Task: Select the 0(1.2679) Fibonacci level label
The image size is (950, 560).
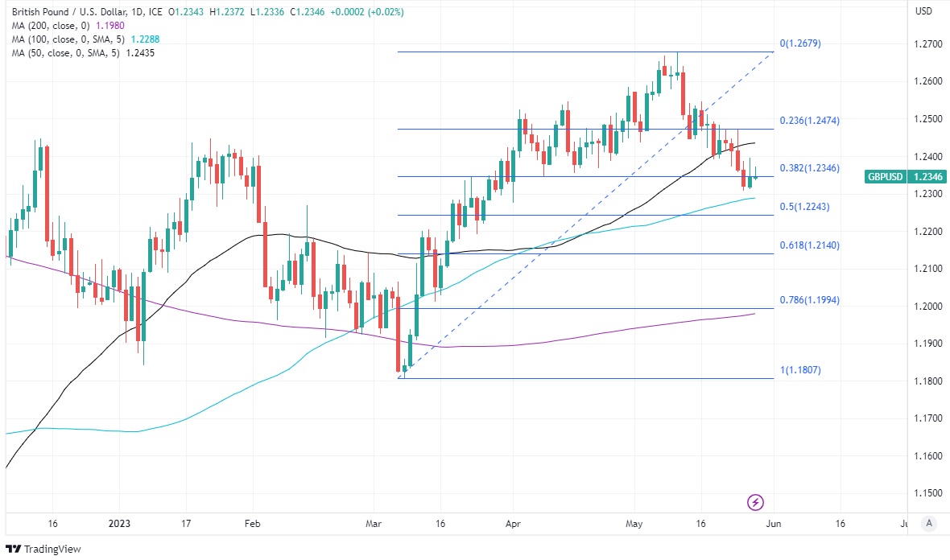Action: (x=799, y=43)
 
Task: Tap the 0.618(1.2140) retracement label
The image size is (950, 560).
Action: (x=809, y=245)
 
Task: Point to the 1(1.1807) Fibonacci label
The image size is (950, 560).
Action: (x=799, y=370)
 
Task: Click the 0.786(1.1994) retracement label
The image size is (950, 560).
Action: (x=809, y=300)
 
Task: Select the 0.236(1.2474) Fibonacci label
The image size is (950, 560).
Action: (x=809, y=121)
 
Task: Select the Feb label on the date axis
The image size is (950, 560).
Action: (x=252, y=523)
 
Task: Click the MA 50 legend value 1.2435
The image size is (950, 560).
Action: (x=141, y=53)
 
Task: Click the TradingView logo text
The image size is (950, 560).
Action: (x=46, y=550)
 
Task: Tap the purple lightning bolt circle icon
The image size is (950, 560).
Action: (x=755, y=502)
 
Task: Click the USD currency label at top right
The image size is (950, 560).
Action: (x=923, y=11)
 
